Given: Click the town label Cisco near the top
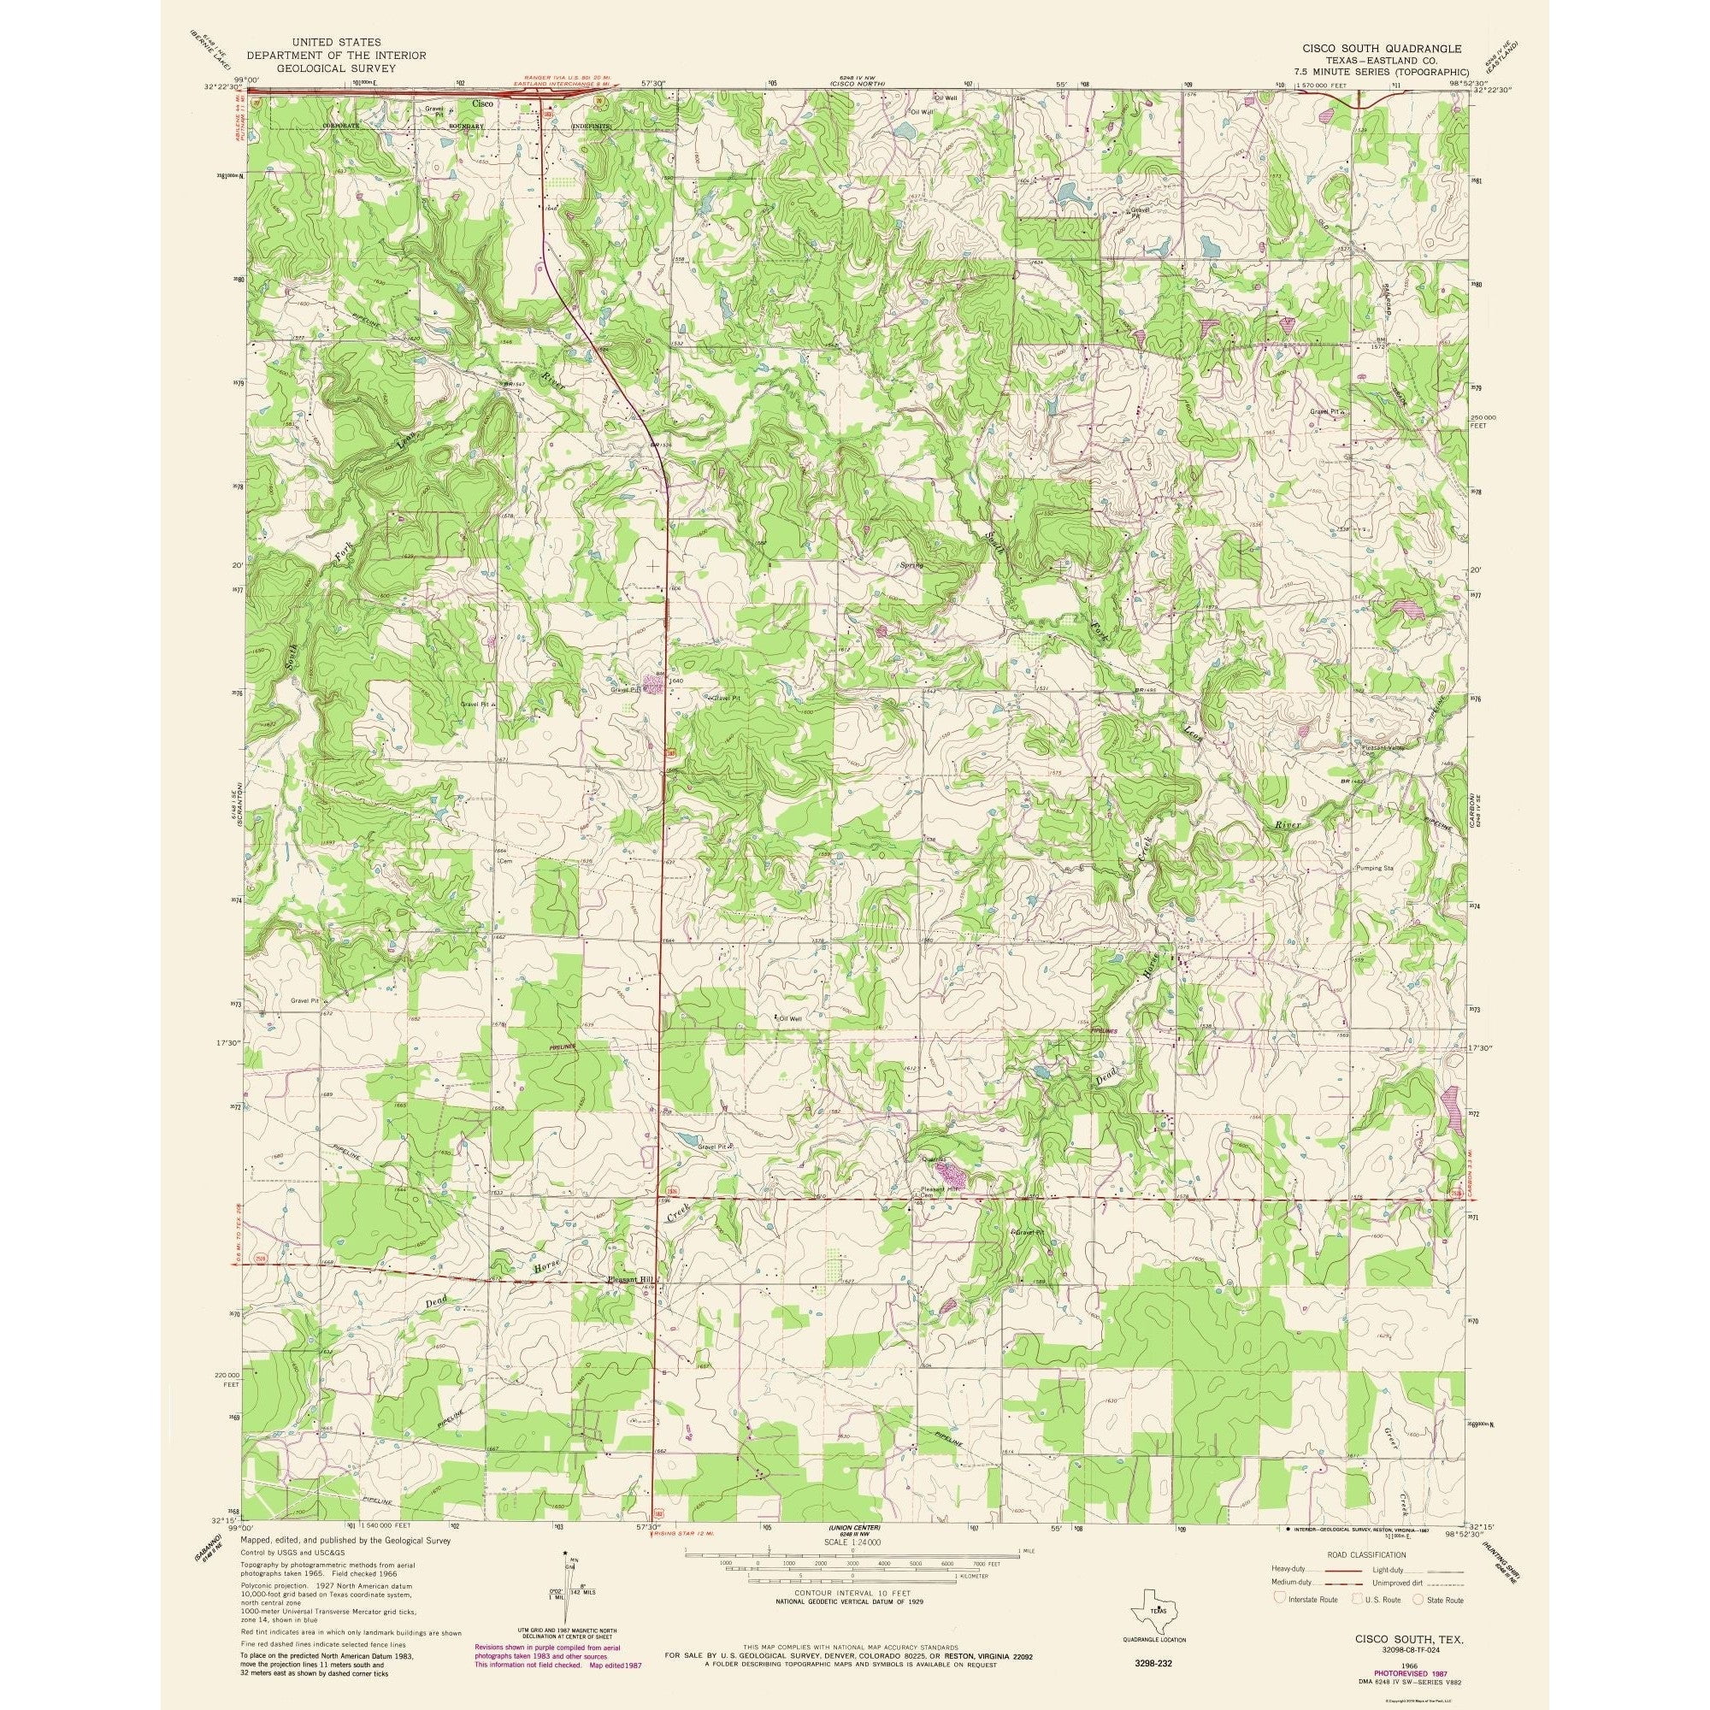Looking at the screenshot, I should click(x=481, y=103).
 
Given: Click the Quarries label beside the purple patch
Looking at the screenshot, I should click(x=935, y=1159).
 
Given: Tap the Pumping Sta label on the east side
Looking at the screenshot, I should click(x=1375, y=869).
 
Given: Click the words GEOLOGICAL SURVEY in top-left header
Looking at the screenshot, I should click(x=313, y=66).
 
